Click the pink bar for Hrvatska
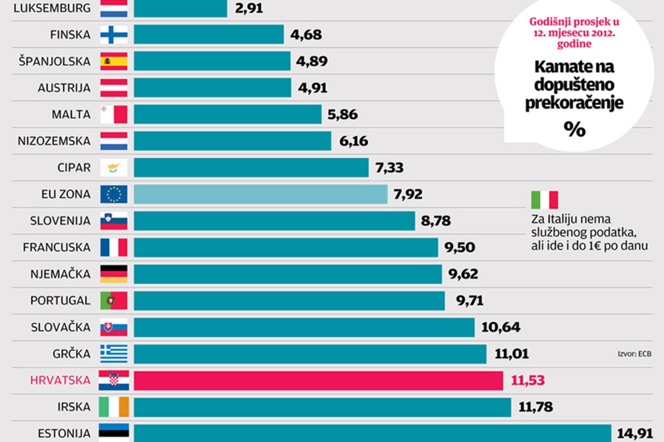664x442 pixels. point(318,381)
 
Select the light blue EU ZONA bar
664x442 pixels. point(260,195)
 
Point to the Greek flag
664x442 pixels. point(114,354)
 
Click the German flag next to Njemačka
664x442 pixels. point(114,274)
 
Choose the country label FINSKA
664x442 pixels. point(71,35)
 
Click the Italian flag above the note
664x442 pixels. point(544,200)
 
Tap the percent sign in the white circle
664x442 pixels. point(575,130)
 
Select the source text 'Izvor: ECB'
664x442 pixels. point(634,354)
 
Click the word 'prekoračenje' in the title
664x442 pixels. point(574,104)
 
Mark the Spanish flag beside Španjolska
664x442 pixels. point(114,62)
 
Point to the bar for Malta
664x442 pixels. point(227,115)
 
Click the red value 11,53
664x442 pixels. point(528,381)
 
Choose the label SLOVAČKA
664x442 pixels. point(61,328)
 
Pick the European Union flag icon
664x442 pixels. point(114,195)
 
